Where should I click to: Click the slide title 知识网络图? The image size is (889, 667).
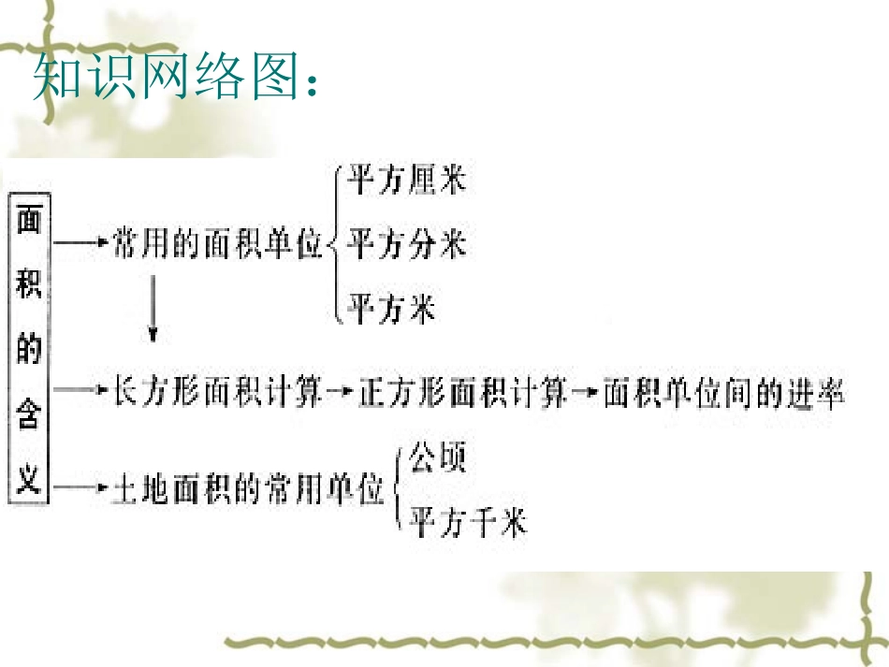click(x=176, y=79)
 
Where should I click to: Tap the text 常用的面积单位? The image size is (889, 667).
click(x=216, y=245)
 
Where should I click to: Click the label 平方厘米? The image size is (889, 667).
click(x=406, y=180)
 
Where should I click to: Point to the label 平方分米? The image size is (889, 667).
click(x=406, y=245)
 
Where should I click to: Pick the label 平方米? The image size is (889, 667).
click(x=391, y=308)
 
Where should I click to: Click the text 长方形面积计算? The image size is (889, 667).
click(x=216, y=394)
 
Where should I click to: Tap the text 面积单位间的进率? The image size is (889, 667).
click(x=723, y=394)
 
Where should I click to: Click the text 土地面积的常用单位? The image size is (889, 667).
click(x=248, y=489)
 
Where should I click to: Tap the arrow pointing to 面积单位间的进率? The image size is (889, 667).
click(x=586, y=395)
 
